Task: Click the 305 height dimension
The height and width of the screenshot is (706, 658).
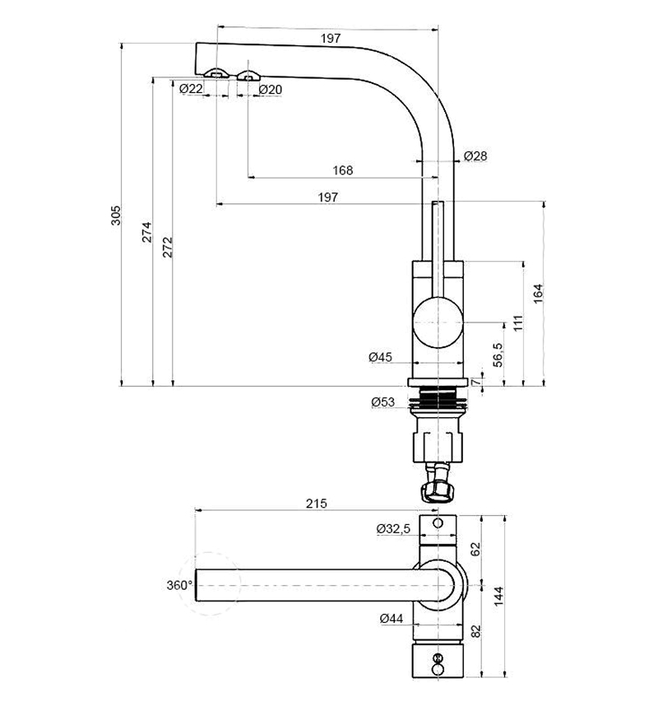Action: (x=116, y=215)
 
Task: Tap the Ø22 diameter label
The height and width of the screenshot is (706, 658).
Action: (x=191, y=89)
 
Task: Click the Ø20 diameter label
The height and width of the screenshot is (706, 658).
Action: (x=271, y=89)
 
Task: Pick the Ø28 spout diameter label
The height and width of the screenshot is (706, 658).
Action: (x=475, y=156)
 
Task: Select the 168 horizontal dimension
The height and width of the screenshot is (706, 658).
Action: (x=343, y=170)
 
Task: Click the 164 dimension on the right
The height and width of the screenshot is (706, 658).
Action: (x=538, y=292)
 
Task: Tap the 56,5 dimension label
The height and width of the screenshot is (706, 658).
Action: (x=497, y=355)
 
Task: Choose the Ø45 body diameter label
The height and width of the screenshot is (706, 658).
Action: (x=381, y=357)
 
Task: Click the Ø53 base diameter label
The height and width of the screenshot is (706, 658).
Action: (x=384, y=402)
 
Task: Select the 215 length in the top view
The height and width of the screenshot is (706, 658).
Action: (x=317, y=504)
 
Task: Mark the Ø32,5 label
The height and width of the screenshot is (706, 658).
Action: (x=394, y=528)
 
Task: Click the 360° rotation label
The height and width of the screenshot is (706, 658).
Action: (x=179, y=585)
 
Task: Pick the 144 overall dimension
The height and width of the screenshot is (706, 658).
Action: (x=498, y=594)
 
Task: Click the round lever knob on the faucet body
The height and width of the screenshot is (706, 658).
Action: (x=438, y=322)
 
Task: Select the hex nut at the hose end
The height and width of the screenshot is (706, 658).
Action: (x=436, y=491)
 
